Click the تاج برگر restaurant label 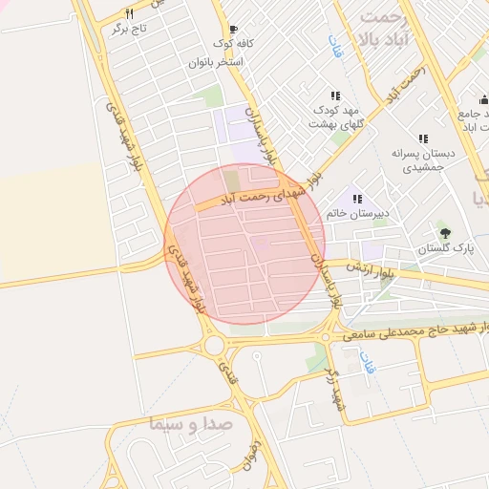130,30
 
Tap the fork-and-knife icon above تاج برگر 130,14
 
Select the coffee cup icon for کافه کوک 233,29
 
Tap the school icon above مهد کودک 335,96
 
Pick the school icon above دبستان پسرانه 423,138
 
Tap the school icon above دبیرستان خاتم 357,199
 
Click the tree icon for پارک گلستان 444,232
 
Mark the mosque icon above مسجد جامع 482,99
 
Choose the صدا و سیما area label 187,424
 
